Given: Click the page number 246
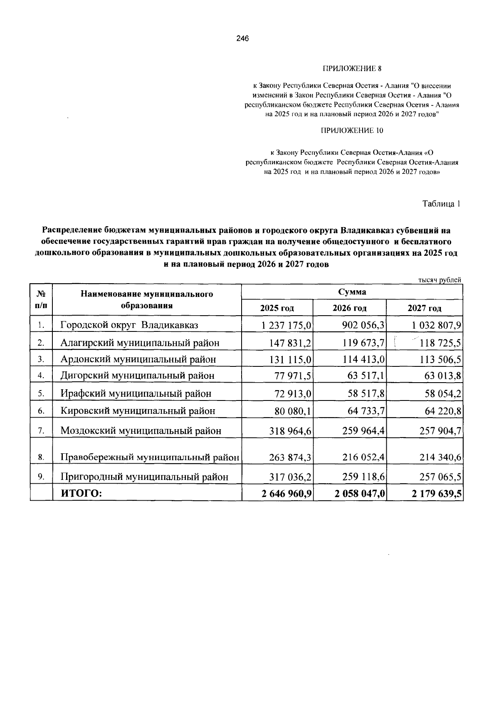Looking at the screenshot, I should [242, 39].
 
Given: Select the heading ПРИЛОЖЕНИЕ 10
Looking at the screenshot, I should [352, 131].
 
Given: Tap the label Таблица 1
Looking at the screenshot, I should [441, 204].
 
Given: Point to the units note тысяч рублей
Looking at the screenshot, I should [440, 280].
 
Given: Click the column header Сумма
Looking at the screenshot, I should [352, 292].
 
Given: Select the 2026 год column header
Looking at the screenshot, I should [349, 308].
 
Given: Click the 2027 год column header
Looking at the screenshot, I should [424, 308].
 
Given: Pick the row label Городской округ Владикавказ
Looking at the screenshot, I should [129, 325].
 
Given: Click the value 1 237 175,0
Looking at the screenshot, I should [287, 325].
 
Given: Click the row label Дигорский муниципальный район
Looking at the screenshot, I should [138, 376].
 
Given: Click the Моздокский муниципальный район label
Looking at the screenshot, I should [141, 430].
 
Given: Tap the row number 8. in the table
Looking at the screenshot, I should [41, 457].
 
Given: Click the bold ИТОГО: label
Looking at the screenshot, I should [82, 494].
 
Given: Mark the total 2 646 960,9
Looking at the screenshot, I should [287, 494].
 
